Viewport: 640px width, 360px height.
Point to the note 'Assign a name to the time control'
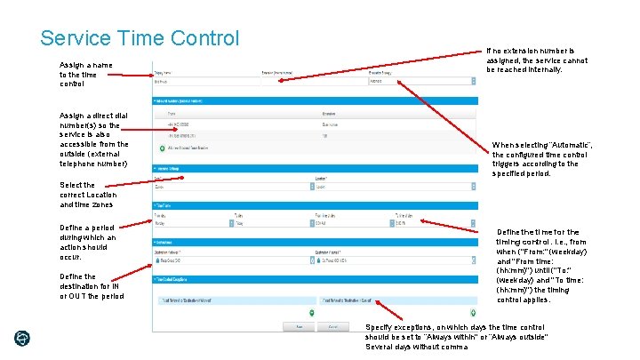pyautogui.click(x=85, y=74)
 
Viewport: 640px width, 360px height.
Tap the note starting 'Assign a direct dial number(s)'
pyautogui.click(x=93, y=140)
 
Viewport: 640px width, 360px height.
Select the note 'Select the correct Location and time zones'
pyautogui.click(x=87, y=195)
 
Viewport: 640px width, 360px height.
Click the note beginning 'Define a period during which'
pyautogui.click(x=87, y=242)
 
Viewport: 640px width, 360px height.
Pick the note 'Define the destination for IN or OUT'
pyautogui.click(x=91, y=286)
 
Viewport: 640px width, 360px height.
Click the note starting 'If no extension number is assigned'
pyautogui.click(x=536, y=60)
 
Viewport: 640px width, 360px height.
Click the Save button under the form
pyautogui.click(x=300, y=327)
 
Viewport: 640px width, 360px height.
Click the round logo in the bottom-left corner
pyautogui.click(x=22, y=339)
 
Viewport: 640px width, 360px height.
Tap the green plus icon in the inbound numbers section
pyautogui.click(x=161, y=148)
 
